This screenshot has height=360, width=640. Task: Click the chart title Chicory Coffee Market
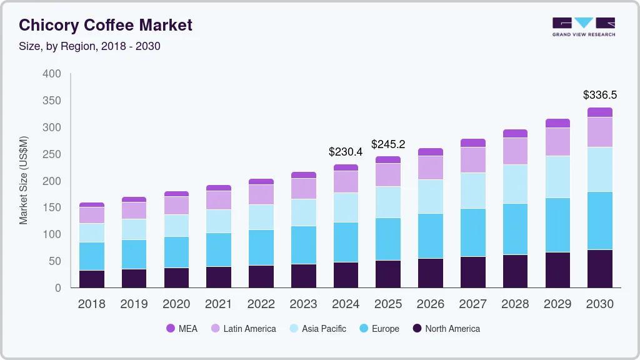coord(106,25)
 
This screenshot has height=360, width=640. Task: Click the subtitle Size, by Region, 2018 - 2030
coord(89,46)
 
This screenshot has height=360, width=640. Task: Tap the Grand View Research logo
coord(583,26)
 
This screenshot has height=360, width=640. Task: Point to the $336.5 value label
coord(599,95)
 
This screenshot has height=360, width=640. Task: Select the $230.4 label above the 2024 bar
coord(346,152)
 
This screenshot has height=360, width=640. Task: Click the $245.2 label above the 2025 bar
coord(388,144)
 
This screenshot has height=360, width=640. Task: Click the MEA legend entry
coord(181,329)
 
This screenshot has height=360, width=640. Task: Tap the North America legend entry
coord(446,329)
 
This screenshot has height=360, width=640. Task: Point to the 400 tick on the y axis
coord(52,74)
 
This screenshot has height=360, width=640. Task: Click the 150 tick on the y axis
coord(52,207)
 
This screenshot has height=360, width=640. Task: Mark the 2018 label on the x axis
coord(92,304)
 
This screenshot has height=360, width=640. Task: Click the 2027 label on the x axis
coord(472,304)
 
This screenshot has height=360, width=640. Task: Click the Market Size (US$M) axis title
coord(24,180)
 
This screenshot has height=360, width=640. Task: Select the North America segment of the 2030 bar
coord(599,269)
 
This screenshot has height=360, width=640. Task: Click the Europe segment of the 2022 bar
coord(261,247)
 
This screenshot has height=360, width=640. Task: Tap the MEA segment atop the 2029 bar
coord(557,123)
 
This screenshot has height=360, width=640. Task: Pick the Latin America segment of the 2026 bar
coord(431,167)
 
